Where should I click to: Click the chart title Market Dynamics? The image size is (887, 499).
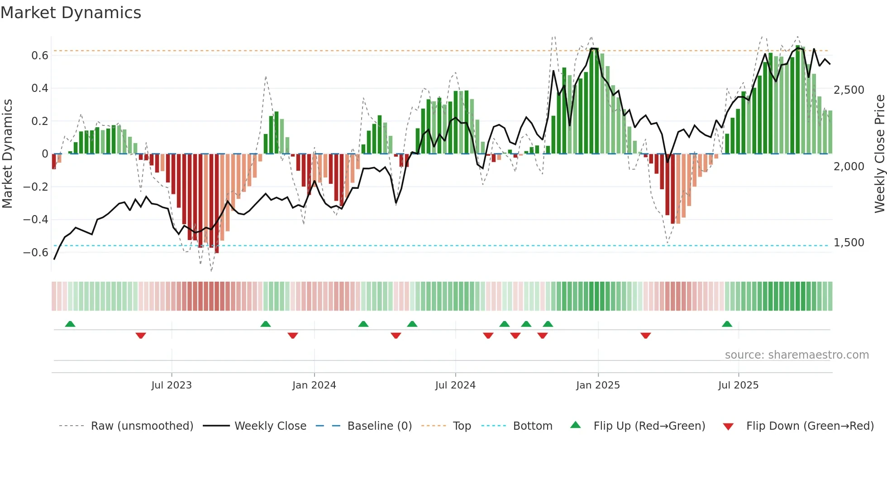point(71,13)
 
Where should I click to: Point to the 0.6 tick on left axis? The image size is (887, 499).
point(40,56)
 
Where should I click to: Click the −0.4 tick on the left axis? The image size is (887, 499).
point(36,220)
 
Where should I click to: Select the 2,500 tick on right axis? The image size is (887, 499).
point(849,90)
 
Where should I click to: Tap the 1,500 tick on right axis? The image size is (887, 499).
point(849,243)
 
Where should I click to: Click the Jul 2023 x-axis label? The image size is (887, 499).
point(172,385)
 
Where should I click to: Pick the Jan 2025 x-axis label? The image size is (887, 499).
point(598,385)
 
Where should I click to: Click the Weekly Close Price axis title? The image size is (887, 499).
point(879,154)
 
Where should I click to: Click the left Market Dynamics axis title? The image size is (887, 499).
point(8,154)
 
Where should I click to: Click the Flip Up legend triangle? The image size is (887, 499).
point(575,425)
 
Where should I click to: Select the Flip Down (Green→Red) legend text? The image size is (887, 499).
point(810,426)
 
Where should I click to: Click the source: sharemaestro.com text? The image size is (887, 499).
point(796,355)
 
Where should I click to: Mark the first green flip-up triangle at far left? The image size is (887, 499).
point(70,324)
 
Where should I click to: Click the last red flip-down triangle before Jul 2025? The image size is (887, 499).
point(646,336)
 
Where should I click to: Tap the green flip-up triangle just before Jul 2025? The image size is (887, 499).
point(727,324)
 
